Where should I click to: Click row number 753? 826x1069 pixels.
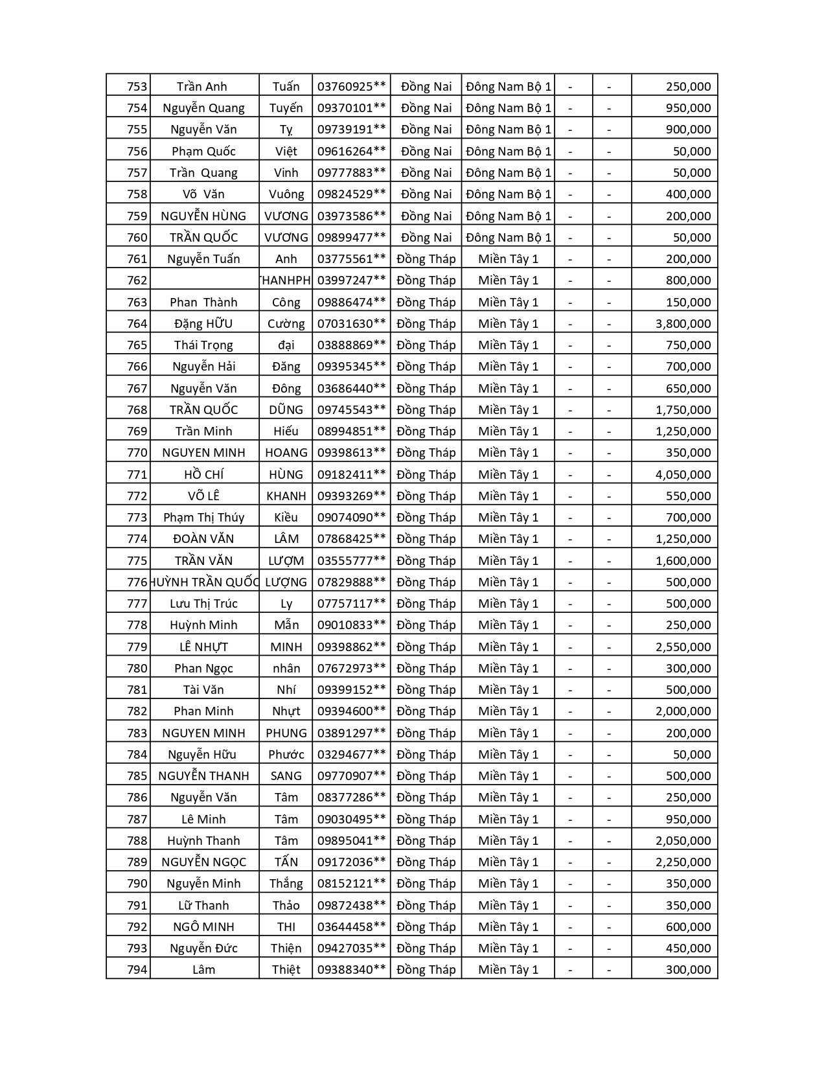[137, 86]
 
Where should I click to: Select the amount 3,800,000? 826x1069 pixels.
[683, 323]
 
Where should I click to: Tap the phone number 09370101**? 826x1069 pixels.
[351, 108]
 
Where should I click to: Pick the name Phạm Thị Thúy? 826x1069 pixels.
[204, 517]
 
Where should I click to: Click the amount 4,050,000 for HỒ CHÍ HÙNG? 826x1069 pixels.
[683, 474]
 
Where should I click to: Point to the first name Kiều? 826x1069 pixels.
[286, 517]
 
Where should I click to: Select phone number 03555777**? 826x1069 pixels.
[351, 560]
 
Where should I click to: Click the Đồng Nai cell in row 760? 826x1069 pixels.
[426, 237]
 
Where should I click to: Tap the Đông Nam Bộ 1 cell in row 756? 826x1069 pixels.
[508, 151]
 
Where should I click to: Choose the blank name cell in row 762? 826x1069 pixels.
[204, 280]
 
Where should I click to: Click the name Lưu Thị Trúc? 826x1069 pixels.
[204, 603]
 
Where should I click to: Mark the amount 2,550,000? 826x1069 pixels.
[683, 647]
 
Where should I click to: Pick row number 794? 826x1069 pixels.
[137, 969]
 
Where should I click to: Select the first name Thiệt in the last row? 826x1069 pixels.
[286, 969]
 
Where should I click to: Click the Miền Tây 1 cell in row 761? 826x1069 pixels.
[508, 259]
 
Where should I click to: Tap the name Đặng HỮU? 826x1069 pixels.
[204, 323]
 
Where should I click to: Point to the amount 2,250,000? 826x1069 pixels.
[683, 862]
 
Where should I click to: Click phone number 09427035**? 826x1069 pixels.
[351, 948]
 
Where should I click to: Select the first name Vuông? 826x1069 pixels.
[286, 194]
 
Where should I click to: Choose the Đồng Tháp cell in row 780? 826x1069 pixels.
[426, 668]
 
